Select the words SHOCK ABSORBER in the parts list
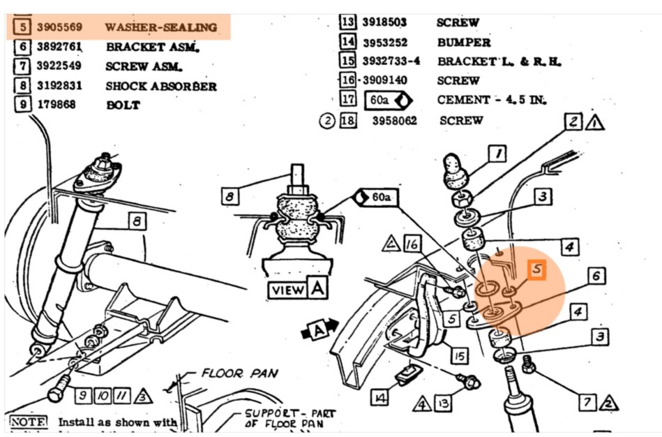[x=160, y=87]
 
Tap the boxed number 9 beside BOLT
[x=23, y=105]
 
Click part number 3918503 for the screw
[x=384, y=22]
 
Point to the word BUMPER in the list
[x=463, y=42]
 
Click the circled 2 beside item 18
[x=328, y=121]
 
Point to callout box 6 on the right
[x=595, y=276]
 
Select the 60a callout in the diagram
[x=375, y=197]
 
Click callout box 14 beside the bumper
[x=379, y=397]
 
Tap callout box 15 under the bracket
[x=458, y=356]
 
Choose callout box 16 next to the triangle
[x=413, y=244]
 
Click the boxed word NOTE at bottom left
[x=28, y=422]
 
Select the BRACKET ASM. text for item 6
[x=153, y=47]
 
